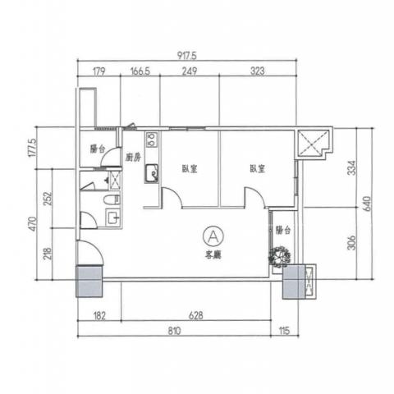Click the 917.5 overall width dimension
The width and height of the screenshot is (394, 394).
pyautogui.click(x=187, y=56)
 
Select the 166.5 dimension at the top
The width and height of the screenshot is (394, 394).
pyautogui.click(x=140, y=71)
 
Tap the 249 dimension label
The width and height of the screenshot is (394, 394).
pyautogui.click(x=190, y=71)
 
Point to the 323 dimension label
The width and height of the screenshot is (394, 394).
pyautogui.click(x=258, y=71)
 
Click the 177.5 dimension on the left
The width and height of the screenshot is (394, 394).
pyautogui.click(x=32, y=148)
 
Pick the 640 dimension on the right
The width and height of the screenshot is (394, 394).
pyautogui.click(x=367, y=204)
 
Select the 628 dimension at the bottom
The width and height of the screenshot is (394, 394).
pyautogui.click(x=196, y=316)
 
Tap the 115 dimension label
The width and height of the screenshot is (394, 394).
pyautogui.click(x=285, y=332)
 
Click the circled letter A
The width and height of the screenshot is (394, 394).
pyautogui.click(x=213, y=236)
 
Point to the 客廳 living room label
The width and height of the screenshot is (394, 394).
pyautogui.click(x=213, y=255)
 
